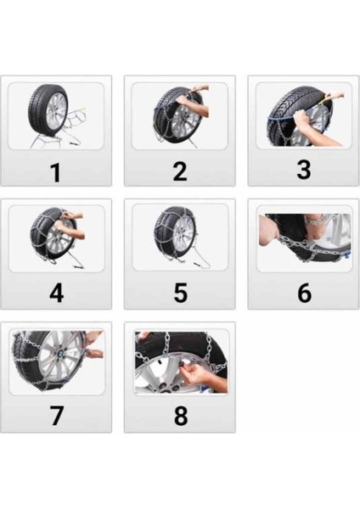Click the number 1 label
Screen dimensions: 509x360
(55, 172)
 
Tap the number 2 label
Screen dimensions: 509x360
(179, 171)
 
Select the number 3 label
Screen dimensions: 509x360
(303, 169)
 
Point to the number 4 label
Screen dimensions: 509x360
(56, 294)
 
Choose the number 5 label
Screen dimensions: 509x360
(179, 294)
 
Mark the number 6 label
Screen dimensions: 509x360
(303, 294)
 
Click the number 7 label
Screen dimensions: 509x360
(56, 417)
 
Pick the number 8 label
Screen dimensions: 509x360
(179, 417)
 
